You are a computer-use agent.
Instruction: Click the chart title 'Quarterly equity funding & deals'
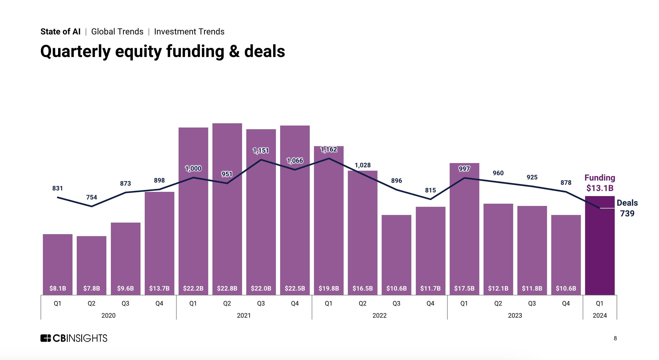point(162,51)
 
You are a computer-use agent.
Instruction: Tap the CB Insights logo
point(74,338)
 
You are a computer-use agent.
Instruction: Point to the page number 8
point(615,338)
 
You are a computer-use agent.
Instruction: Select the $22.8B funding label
point(227,288)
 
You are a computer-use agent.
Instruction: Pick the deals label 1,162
point(329,150)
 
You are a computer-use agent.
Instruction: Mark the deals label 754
point(92,197)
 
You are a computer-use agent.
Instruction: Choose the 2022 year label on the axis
point(379,315)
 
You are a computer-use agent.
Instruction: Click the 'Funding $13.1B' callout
point(600,183)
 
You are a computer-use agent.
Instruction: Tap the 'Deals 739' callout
point(627,208)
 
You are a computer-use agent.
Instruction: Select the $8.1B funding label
point(58,288)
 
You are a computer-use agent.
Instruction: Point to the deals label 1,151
point(261,151)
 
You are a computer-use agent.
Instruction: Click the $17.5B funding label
point(464,288)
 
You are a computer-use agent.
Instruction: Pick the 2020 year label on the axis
point(108,315)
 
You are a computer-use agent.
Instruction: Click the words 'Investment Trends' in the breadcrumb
point(189,32)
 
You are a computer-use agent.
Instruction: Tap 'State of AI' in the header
point(60,32)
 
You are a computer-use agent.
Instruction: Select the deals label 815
point(430,190)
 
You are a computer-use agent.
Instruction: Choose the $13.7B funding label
point(159,288)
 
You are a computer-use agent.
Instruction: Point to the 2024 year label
point(599,315)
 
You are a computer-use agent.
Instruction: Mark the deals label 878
point(566,183)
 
